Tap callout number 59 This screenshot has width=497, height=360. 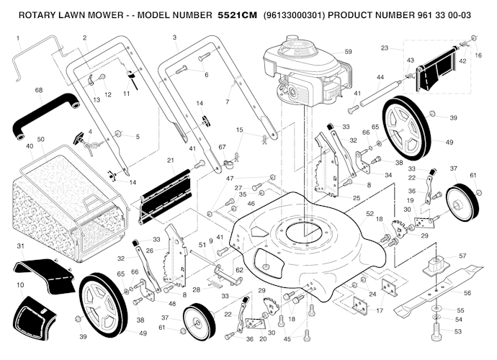tap(349, 52)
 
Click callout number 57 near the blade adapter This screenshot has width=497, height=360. tap(462, 256)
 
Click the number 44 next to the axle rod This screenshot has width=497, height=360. tap(380, 77)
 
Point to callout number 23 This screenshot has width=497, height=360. tap(385, 48)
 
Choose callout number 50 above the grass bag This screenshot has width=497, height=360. tap(41, 138)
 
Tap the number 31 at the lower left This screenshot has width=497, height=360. tap(19, 246)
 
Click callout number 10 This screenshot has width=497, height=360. tap(19, 285)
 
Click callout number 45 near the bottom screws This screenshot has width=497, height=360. tap(288, 338)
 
